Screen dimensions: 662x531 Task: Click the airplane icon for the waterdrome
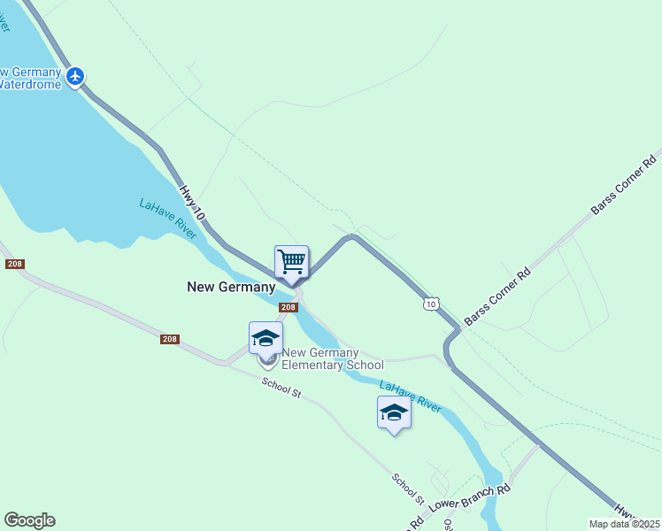pos(75,76)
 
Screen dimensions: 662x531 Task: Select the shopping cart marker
pos(291,262)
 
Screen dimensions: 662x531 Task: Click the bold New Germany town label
pos(232,287)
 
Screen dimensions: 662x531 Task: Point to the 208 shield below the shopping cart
pos(288,307)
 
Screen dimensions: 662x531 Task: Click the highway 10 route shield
pos(430,304)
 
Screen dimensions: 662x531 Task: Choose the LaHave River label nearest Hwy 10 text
pos(165,218)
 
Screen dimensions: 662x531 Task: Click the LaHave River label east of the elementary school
pos(410,396)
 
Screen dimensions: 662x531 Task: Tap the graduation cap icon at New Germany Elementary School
pos(266,338)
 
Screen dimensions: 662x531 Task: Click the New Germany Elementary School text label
pos(332,358)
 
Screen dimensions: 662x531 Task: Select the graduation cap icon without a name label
pos(394,412)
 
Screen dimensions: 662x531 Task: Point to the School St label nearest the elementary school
pos(281,388)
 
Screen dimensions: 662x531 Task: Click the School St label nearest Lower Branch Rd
pos(409,489)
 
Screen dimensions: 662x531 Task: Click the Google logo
pos(29,520)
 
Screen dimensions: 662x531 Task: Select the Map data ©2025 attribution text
pos(624,524)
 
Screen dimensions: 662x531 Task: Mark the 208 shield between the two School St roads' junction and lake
pos(171,339)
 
